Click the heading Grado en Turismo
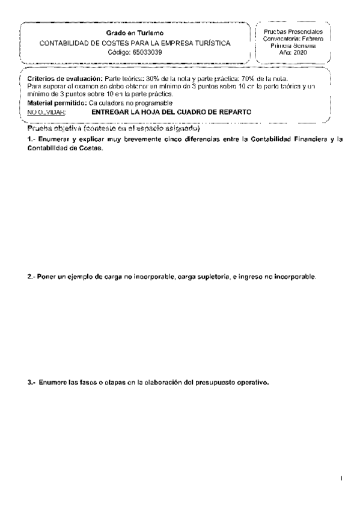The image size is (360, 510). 134,32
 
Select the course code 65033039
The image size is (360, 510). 148,52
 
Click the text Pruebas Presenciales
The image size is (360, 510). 293,31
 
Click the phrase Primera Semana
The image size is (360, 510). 293,46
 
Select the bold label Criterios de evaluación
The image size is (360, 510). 65,79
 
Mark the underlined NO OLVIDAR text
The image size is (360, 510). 47,112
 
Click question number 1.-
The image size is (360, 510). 31,140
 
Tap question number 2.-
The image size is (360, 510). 31,277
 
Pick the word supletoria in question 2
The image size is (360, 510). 208,277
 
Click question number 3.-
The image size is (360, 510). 31,382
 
